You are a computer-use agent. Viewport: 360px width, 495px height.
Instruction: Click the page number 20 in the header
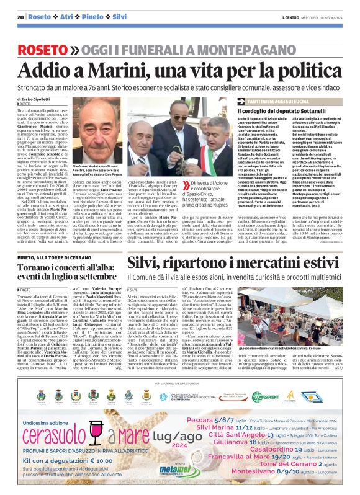pyautogui.click(x=20, y=17)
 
